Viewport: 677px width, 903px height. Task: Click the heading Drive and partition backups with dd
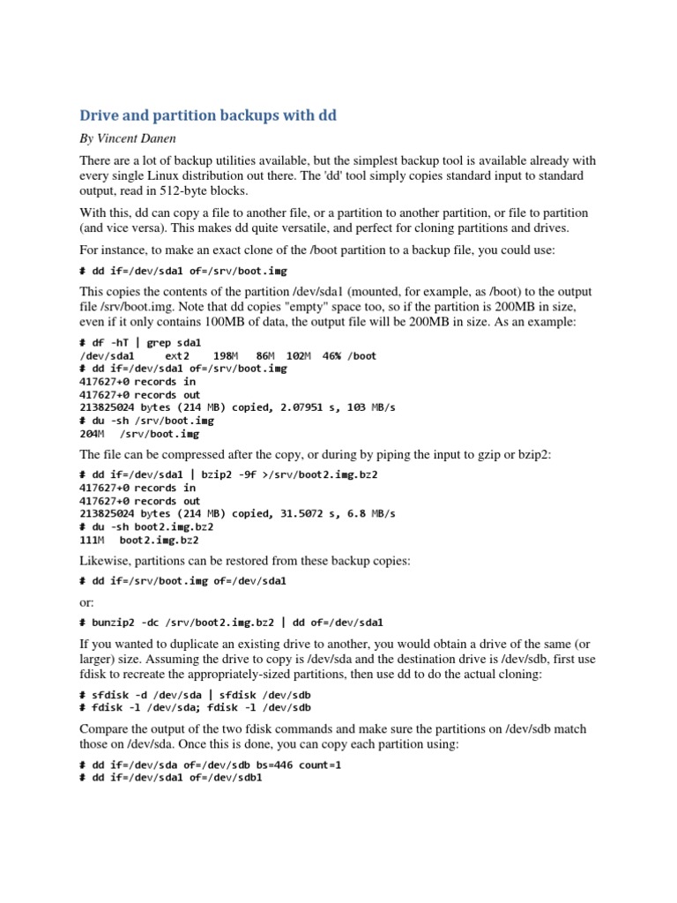coord(208,116)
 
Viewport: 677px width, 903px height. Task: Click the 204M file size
coord(93,434)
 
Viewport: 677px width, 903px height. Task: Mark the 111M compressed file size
coord(93,540)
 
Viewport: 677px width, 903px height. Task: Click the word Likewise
coord(106,561)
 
